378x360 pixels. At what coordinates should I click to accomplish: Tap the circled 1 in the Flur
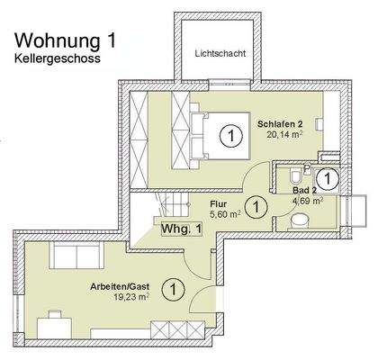pos(257,207)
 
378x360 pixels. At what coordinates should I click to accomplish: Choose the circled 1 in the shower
pos(329,178)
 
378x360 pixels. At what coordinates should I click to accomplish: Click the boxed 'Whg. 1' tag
pos(183,229)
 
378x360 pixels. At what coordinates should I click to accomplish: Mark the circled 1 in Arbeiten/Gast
pos(169,289)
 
